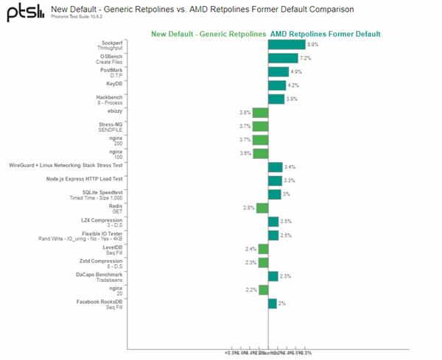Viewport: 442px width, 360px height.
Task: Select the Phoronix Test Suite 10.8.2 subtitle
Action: point(88,18)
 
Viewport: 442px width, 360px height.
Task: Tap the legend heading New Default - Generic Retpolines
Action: point(208,33)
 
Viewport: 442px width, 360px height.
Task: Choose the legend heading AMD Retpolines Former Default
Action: point(325,33)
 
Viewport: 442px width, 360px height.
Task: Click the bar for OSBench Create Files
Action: point(283,58)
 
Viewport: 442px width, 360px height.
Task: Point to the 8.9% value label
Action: point(313,45)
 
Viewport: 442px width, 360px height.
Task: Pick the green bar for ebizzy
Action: point(261,113)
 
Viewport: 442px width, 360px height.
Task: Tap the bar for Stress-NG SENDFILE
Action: point(261,127)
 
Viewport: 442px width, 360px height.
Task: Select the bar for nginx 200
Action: point(261,140)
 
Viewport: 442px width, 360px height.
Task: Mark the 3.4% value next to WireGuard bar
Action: point(290,167)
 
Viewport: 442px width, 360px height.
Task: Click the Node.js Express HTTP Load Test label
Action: point(84,179)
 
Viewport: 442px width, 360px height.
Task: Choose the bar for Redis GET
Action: point(263,208)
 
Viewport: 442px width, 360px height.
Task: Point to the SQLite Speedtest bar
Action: point(274,194)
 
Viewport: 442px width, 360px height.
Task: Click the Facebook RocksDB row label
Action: point(99,303)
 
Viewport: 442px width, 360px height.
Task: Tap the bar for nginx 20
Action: point(264,289)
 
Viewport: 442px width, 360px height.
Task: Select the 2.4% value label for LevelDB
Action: point(251,249)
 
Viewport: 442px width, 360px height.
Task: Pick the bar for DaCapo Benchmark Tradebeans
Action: point(273,276)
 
